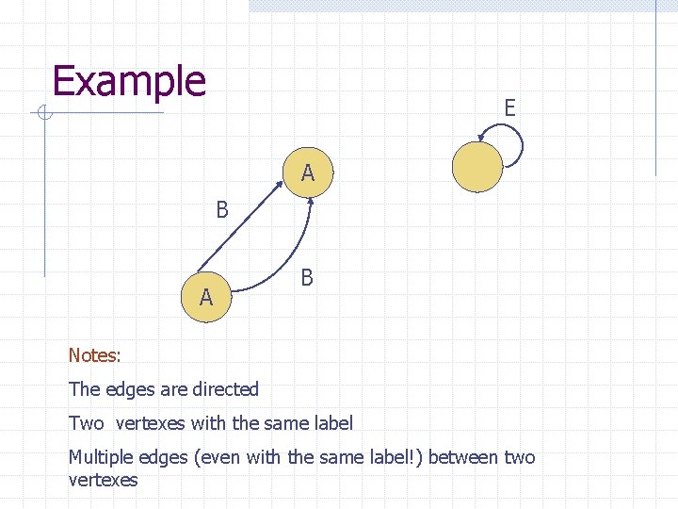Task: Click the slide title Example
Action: tap(129, 82)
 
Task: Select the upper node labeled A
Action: tap(308, 173)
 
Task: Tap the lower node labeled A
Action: tap(206, 298)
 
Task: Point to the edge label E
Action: tap(509, 108)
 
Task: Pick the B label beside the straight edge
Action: tap(222, 209)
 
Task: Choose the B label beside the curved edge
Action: tap(307, 278)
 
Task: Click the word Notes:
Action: tap(94, 355)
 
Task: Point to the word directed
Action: tap(224, 389)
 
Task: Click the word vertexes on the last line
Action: tap(103, 480)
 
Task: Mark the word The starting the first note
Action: tap(84, 389)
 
